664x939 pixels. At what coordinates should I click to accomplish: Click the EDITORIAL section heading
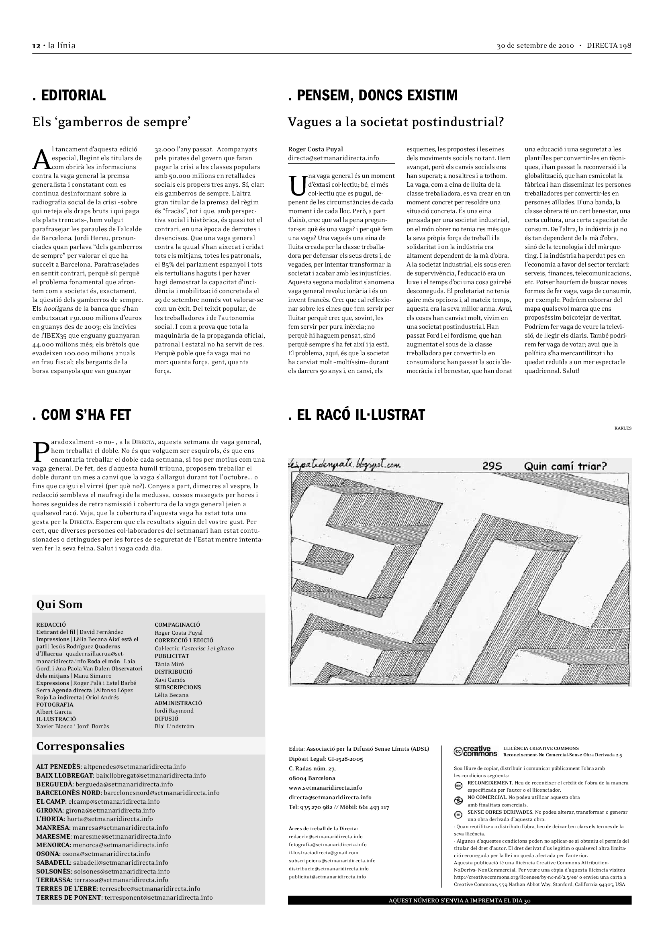[69, 95]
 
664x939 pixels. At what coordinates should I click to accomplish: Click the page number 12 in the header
[36, 45]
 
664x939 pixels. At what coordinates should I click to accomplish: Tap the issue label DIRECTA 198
[609, 45]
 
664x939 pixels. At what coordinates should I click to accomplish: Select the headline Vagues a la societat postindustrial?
[396, 122]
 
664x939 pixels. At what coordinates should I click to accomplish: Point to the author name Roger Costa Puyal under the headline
[315, 149]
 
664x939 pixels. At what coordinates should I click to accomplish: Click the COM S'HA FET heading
[82, 415]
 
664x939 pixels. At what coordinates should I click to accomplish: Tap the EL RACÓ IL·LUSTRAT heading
[357, 415]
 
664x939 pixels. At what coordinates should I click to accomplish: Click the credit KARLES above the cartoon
[623, 428]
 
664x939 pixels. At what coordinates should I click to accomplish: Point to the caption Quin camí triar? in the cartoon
[565, 466]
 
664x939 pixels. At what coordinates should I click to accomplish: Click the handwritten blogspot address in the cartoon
[344, 464]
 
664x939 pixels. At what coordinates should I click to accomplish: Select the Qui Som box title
[59, 605]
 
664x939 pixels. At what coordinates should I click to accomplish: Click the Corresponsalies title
[80, 746]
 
